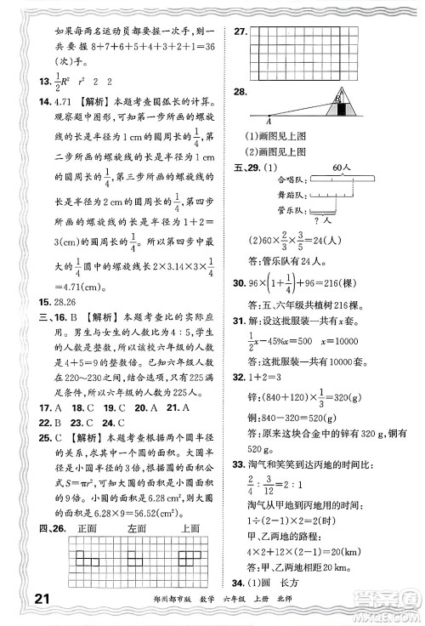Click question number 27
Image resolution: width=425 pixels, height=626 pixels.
pyautogui.click(x=241, y=32)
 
